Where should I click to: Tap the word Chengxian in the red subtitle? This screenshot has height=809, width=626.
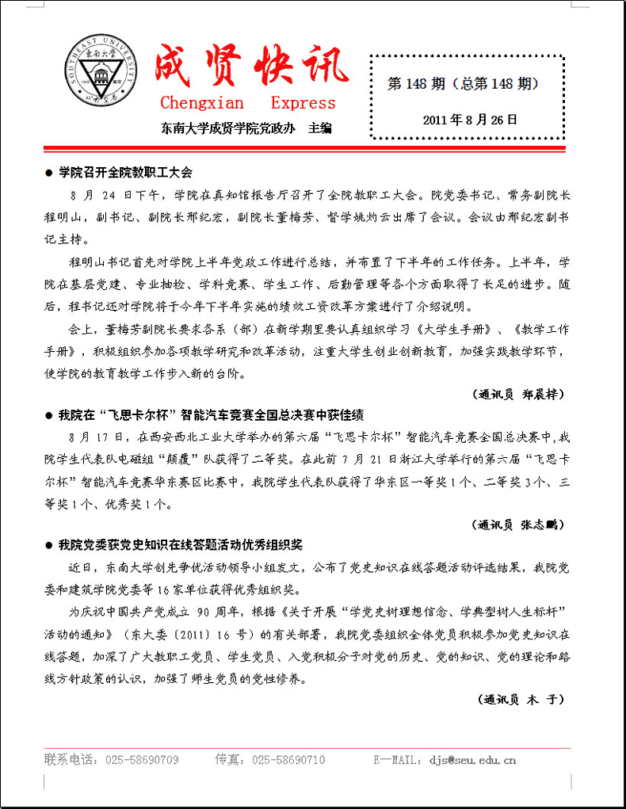pyautogui.click(x=202, y=103)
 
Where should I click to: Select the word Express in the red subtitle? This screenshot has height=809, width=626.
pyautogui.click(x=303, y=103)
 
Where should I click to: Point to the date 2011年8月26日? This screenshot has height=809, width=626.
pyautogui.click(x=470, y=120)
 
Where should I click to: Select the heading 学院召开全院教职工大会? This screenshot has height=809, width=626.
pyautogui.click(x=125, y=172)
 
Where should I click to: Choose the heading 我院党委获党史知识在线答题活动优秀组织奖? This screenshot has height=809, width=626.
pyautogui.click(x=181, y=546)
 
